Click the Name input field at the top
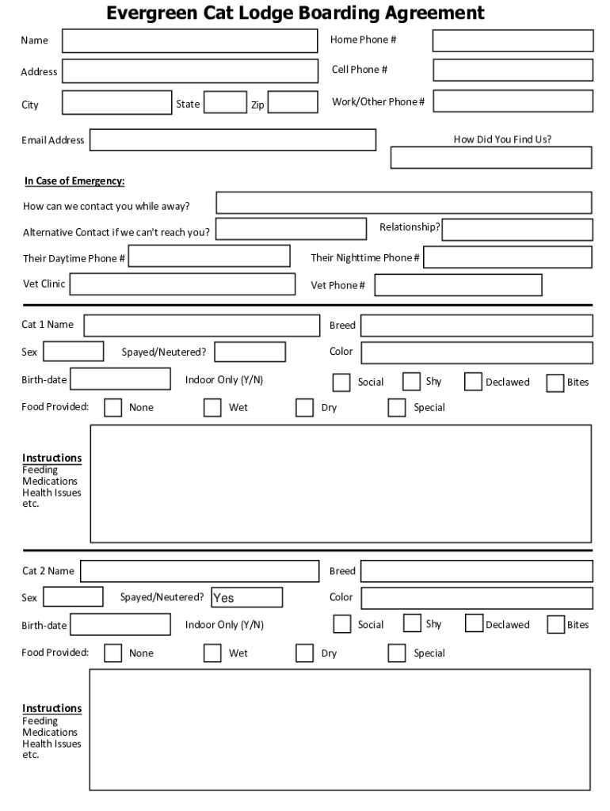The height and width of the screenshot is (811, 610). point(189,41)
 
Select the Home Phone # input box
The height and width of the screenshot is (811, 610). point(513,40)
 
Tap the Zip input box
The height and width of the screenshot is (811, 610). point(293,103)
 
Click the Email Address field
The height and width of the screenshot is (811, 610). point(233,140)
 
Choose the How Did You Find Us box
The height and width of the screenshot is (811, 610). point(491,158)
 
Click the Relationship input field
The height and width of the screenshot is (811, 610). point(517,230)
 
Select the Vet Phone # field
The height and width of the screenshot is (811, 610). point(458,285)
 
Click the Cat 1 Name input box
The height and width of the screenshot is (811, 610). point(202,326)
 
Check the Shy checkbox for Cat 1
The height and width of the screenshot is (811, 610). point(411,382)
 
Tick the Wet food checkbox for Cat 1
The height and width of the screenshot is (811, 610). point(212,407)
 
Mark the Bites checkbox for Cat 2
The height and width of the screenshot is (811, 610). point(556,624)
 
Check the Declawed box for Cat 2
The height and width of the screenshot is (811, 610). point(474,624)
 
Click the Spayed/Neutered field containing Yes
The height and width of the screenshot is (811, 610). point(246,597)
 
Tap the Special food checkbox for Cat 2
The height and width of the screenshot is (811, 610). point(397,653)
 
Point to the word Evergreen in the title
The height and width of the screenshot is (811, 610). point(151,13)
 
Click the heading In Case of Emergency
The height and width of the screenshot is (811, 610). point(74,181)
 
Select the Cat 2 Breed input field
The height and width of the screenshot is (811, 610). point(476,571)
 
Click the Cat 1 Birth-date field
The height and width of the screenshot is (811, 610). point(120,379)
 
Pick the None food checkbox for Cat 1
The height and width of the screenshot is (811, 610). point(113,407)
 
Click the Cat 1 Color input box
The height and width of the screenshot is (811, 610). point(476,352)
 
